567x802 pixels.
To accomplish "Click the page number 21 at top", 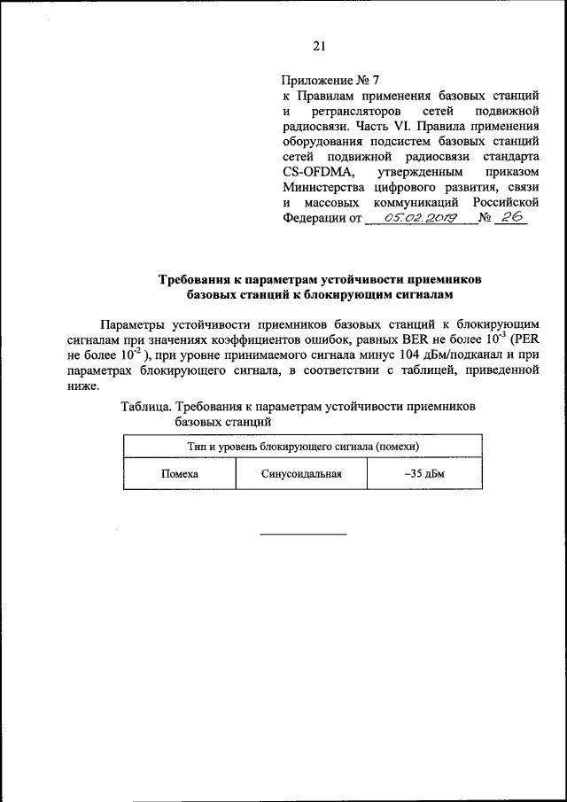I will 320,46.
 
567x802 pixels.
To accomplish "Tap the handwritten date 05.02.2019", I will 420,217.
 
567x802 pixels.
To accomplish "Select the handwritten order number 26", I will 509,217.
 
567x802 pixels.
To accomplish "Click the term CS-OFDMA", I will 316,171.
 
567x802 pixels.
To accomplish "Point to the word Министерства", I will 322,187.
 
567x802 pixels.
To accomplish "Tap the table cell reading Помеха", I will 179,474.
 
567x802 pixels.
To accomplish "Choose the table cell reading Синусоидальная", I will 301,474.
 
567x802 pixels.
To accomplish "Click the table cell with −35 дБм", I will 423,474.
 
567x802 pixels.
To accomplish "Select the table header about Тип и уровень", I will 303,447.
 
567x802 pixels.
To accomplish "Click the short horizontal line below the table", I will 303,533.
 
